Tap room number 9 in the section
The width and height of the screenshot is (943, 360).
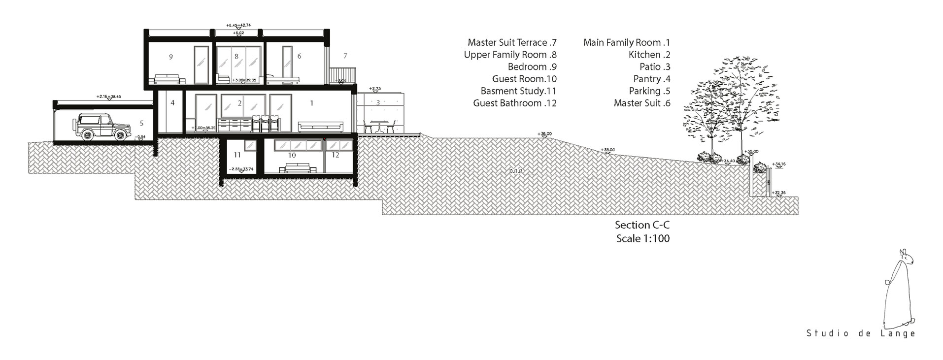[x=171, y=57]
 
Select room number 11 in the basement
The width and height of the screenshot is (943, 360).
[x=237, y=155]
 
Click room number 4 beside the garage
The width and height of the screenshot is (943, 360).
[x=172, y=103]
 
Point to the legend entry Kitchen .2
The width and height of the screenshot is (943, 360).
[x=649, y=55]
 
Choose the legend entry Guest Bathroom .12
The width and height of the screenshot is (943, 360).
[x=515, y=103]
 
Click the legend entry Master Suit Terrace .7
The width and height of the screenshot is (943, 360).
[x=512, y=43]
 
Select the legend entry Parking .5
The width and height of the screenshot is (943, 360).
[x=649, y=91]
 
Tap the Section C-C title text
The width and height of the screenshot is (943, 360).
[x=642, y=225]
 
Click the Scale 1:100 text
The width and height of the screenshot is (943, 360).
[x=642, y=239]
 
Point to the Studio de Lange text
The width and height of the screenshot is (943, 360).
[x=861, y=333]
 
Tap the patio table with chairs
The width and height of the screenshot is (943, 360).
[x=379, y=127]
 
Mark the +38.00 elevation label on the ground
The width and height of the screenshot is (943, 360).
[x=545, y=133]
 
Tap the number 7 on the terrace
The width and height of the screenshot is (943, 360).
[x=345, y=56]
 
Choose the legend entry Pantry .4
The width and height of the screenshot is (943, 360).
[x=652, y=79]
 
